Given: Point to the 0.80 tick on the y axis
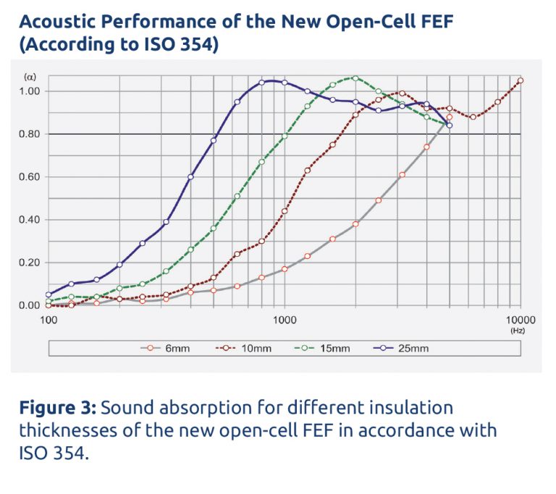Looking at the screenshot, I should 32,134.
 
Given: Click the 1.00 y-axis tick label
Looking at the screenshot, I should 32,91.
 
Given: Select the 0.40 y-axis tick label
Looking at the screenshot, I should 32,220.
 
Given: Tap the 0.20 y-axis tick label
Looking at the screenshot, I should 32,263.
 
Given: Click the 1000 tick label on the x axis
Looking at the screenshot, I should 285,319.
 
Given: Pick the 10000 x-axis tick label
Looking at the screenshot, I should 519,319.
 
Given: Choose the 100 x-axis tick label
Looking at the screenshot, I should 49,319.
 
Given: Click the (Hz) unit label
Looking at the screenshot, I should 518,330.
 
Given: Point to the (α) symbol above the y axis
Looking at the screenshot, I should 29,76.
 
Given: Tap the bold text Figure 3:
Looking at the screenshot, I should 57,407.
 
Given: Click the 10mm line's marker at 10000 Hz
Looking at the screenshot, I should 520,81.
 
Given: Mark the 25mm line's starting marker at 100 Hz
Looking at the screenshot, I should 49,294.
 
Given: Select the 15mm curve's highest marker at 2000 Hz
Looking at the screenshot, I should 355,77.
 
